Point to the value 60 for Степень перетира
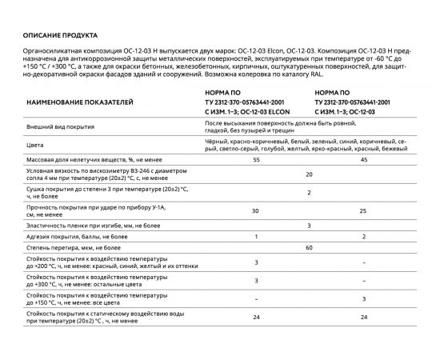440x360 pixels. click(310, 248)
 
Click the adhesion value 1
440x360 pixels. click(255, 238)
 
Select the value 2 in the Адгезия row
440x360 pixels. click(364, 238)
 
